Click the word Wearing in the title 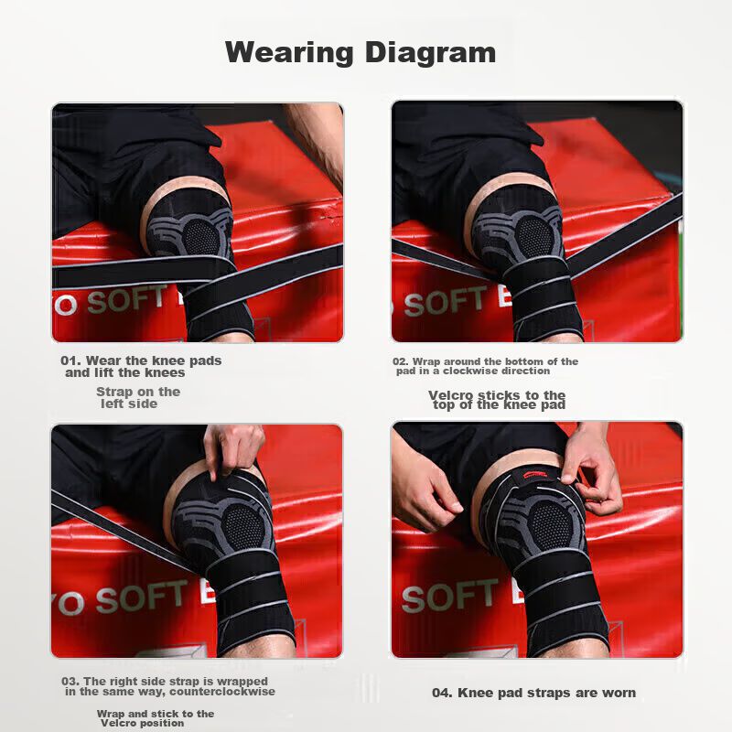289,52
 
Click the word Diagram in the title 430,52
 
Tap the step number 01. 70,361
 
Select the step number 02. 401,361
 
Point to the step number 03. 70,681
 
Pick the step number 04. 442,693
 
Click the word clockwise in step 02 496,371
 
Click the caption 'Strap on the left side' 138,398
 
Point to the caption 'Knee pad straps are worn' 546,693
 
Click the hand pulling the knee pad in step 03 233,450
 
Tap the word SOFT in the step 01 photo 127,300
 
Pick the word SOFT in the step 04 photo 449,596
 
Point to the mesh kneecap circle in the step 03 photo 242,523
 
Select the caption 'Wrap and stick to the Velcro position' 156,718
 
